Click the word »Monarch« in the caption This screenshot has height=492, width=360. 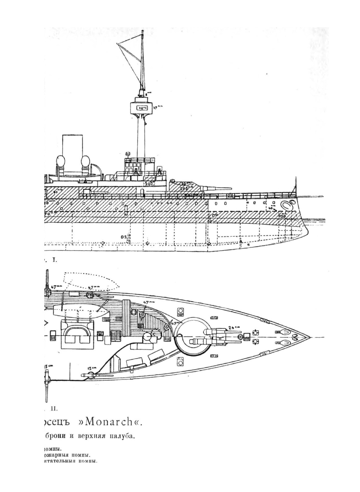click(x=115, y=423)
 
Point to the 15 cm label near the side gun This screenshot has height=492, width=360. click(x=92, y=368)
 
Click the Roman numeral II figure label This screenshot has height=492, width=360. click(x=53, y=408)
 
